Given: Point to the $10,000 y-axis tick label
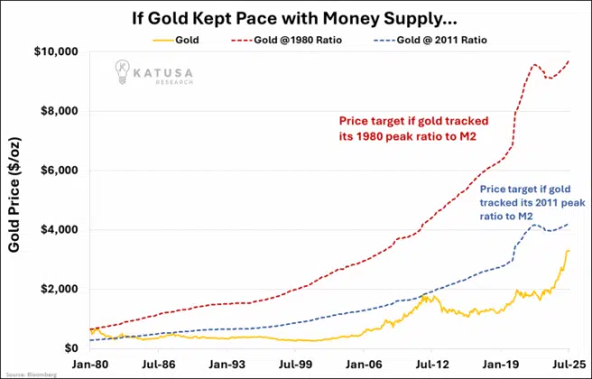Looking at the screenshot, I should (56, 51).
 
